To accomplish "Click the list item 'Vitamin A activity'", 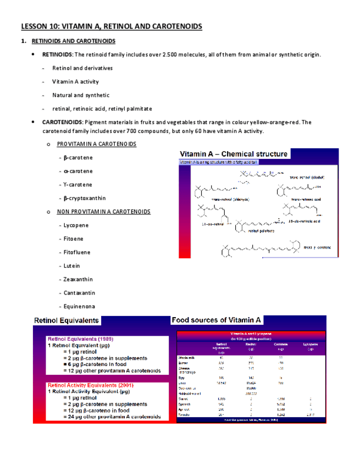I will click(x=75, y=82).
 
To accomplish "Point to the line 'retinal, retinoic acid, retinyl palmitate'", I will click(x=102, y=109).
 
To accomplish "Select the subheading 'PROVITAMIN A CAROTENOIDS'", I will click(x=96, y=144).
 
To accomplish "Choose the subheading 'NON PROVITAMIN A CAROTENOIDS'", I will click(x=103, y=212).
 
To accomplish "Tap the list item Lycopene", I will click(x=76, y=225).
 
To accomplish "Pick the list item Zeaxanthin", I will click(x=78, y=279).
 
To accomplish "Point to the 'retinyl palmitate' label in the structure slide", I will click(x=261, y=231).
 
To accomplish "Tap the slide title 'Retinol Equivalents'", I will click(x=67, y=320).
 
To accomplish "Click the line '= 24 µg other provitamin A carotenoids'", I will click(x=112, y=417).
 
